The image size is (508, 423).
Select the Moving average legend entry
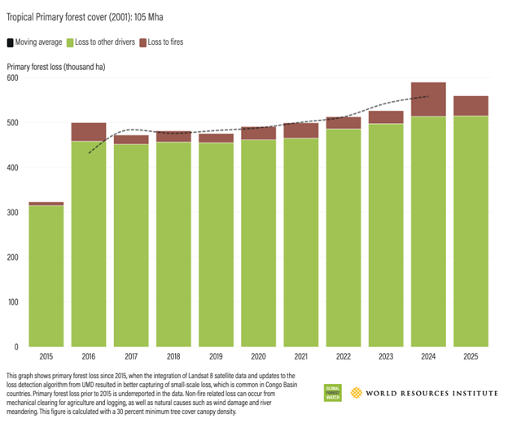click(x=37, y=42)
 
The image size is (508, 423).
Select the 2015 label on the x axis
click(x=46, y=357)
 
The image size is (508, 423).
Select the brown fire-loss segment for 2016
click(x=89, y=131)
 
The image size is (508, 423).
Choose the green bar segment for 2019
click(x=215, y=245)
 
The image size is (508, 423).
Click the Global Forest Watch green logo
click(x=333, y=392)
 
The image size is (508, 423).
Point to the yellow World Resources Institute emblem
click(x=355, y=393)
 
